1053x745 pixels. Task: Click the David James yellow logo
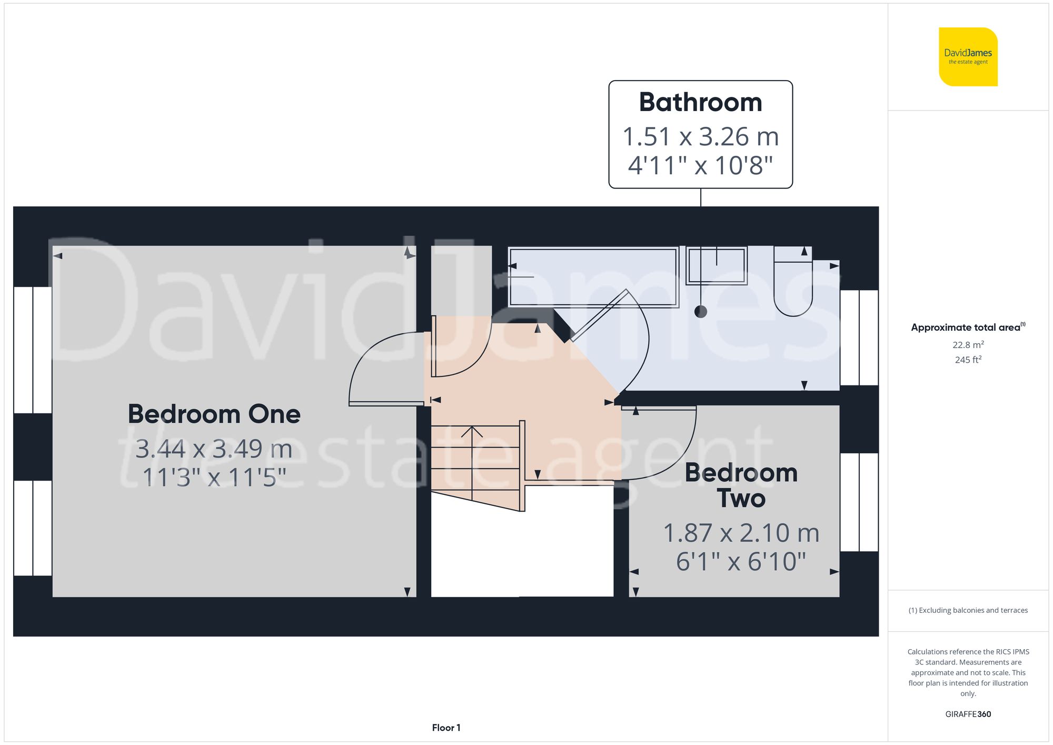pos(968,57)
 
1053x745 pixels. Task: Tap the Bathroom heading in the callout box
pos(700,102)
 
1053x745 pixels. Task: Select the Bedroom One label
pos(214,414)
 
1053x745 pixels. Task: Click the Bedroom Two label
pos(741,485)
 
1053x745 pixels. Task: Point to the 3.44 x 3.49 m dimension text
pos(214,449)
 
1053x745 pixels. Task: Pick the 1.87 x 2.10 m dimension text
pos(741,533)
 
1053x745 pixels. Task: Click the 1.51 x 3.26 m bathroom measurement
pos(700,137)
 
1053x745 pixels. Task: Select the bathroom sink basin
pos(717,266)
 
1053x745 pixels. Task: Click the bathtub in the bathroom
pos(593,277)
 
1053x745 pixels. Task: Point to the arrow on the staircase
pos(472,433)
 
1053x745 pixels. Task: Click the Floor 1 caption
pos(446,728)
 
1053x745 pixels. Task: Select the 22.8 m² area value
pos(968,345)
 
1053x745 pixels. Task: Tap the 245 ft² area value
pos(968,360)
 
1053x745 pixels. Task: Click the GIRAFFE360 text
pos(968,714)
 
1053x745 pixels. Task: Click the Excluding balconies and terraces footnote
pos(968,610)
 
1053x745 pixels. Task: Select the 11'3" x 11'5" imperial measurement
pos(214,478)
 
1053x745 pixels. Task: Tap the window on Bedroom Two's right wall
pos(859,502)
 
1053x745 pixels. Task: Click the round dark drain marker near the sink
pos(700,312)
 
